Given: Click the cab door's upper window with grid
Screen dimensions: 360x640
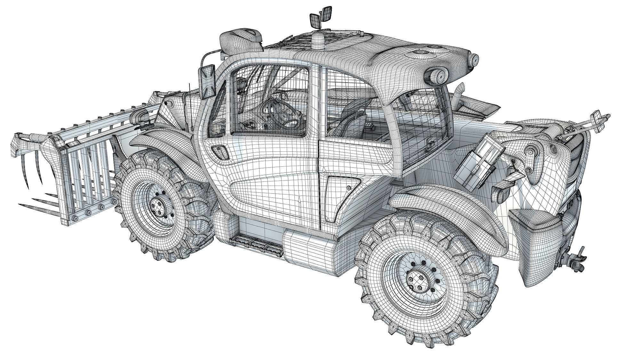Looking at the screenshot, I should click(x=270, y=102).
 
